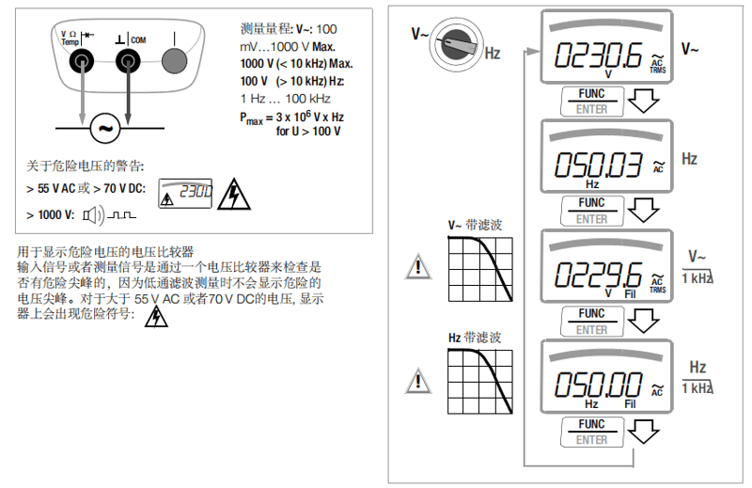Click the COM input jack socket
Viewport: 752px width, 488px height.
[x=128, y=61]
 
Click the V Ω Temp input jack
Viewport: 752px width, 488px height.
[x=82, y=61]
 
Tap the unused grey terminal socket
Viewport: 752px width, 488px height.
[x=174, y=61]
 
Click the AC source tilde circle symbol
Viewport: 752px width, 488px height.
[x=105, y=128]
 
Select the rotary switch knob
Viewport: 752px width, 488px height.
[x=456, y=44]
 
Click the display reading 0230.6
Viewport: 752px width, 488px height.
[x=598, y=56]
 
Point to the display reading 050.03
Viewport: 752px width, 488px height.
[x=598, y=165]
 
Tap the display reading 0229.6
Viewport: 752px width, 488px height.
[x=598, y=275]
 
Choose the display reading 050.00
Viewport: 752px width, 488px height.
[x=598, y=385]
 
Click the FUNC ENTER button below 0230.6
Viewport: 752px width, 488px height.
[x=592, y=102]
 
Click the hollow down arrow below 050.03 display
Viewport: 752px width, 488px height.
[x=643, y=211]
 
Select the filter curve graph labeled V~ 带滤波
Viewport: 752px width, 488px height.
[x=480, y=269]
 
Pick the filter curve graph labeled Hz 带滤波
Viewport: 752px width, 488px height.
[x=480, y=382]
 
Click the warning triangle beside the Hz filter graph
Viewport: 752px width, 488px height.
[x=418, y=382]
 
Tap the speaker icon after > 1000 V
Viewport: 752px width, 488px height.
[x=93, y=215]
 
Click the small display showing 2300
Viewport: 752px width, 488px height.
[x=185, y=194]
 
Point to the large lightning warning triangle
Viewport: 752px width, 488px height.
[x=233, y=195]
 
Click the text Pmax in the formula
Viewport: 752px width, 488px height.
[x=251, y=118]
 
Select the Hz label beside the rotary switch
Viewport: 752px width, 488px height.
[x=493, y=53]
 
